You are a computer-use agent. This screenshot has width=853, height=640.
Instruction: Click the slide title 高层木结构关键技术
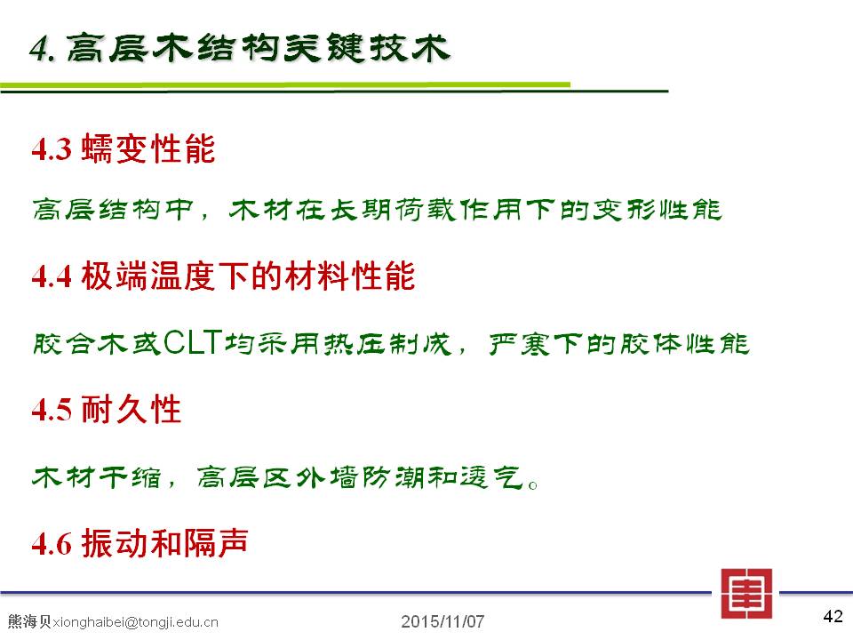[x=259, y=47]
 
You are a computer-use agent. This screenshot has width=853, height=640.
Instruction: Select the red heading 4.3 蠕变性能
[x=124, y=148]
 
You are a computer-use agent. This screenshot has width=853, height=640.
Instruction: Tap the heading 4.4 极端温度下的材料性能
[x=224, y=276]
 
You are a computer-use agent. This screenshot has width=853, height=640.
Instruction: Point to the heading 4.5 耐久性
[x=106, y=409]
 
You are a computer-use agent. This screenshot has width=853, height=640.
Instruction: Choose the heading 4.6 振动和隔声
[x=140, y=542]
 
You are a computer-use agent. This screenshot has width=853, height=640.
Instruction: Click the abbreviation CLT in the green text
[x=193, y=342]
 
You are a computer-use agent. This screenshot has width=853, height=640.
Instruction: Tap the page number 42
[x=833, y=616]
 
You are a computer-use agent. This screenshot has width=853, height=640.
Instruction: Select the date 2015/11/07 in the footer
[x=442, y=621]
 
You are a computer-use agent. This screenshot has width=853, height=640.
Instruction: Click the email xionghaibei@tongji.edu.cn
[x=135, y=622]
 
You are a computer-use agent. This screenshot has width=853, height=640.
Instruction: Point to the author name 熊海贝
[x=30, y=621]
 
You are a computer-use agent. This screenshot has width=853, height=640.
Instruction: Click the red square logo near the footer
[x=746, y=594]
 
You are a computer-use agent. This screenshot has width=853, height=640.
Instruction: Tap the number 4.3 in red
[x=52, y=149]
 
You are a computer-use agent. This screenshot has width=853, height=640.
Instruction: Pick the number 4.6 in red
[x=52, y=544]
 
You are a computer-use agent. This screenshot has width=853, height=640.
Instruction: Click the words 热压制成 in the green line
[x=388, y=343]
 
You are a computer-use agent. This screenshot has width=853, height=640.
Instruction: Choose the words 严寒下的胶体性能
[x=619, y=343]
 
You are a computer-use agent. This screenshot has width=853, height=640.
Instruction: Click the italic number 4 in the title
[x=39, y=49]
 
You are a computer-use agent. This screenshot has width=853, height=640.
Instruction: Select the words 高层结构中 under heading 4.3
[x=113, y=210]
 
